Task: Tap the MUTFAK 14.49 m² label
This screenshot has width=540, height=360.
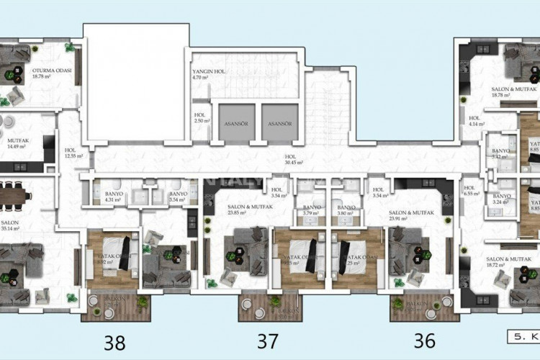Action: pos(16,143)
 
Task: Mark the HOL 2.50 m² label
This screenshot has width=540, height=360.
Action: pos(201,118)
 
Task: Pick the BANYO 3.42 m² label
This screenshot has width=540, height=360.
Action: pos(500,153)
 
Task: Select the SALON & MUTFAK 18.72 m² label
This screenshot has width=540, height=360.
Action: pos(508,262)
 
